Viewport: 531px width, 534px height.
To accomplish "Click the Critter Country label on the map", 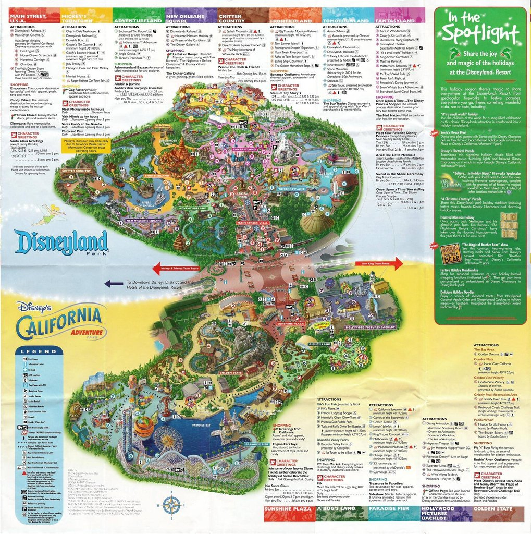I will pyautogui.click(x=77, y=171).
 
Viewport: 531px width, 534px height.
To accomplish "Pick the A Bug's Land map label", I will pyautogui.click(x=319, y=344).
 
